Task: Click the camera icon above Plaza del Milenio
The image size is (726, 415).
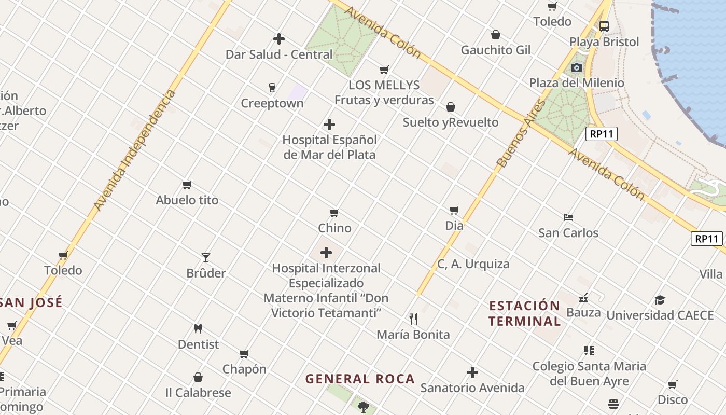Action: [x=576, y=67]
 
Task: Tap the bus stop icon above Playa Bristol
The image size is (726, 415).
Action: [x=604, y=26]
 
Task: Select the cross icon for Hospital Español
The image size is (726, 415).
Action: [x=329, y=125]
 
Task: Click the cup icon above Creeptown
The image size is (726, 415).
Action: [x=272, y=87]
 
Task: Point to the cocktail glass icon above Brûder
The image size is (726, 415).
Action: [x=206, y=258]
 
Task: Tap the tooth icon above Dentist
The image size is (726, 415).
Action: [x=198, y=328]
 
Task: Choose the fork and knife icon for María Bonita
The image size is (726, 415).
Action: [x=413, y=319]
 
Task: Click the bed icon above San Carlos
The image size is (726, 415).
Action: [x=568, y=217]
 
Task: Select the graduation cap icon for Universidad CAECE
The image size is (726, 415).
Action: [x=660, y=300]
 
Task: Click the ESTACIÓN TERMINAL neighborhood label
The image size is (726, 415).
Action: [x=524, y=313]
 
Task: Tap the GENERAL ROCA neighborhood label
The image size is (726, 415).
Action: [x=360, y=379]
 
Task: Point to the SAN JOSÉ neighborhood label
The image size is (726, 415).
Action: [x=31, y=302]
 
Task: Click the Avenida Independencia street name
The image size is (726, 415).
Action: [x=135, y=150]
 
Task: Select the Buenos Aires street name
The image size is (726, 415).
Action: [x=521, y=133]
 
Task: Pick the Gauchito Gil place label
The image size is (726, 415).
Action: [x=496, y=50]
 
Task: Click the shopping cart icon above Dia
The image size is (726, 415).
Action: [x=454, y=210]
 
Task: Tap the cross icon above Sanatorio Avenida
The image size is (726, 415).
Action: [x=472, y=372]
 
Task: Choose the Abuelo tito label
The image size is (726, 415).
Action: [x=187, y=200]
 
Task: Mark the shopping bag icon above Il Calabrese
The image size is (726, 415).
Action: [x=198, y=377]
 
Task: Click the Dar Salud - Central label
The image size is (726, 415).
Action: [x=279, y=54]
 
